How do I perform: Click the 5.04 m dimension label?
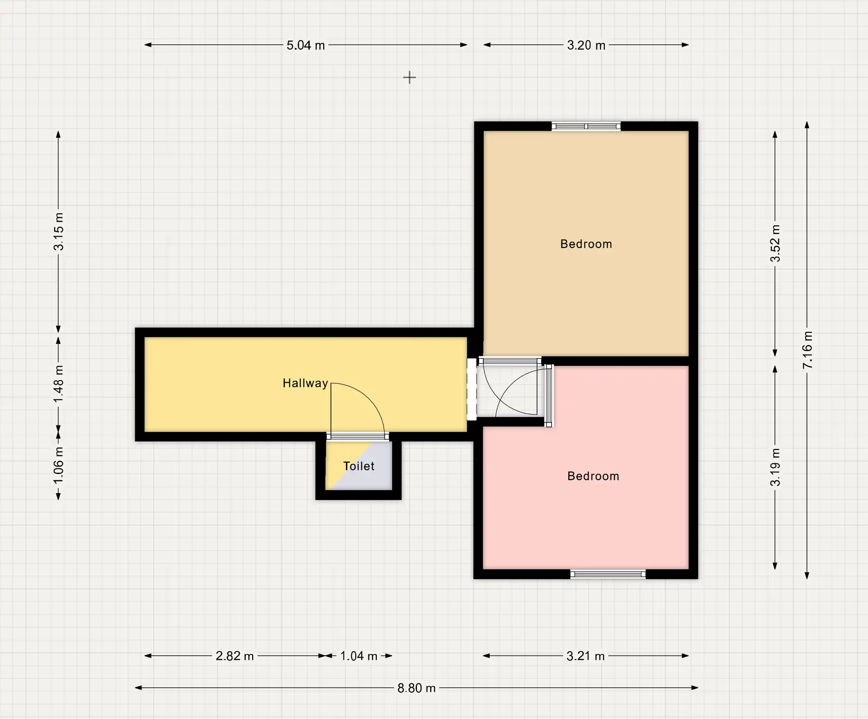306,45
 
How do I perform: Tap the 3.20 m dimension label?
586,45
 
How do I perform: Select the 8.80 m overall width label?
416,688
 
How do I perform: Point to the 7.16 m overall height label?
807,350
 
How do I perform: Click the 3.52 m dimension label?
775,243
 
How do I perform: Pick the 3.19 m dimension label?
775,467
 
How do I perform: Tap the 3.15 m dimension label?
58,232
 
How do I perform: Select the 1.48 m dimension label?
58,384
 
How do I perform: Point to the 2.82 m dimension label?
235,656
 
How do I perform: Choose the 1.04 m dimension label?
359,656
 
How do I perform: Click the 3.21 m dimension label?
585,656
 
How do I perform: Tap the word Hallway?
305,383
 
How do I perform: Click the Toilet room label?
359,466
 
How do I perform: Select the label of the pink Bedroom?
593,476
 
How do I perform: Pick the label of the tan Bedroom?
586,244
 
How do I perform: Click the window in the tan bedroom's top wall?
586,126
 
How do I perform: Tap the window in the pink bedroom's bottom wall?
608,574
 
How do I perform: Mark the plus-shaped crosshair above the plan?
410,78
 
